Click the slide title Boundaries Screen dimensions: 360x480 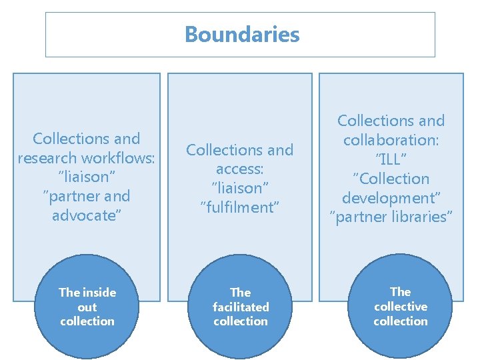[241, 34]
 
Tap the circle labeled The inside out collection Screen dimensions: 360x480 [87, 307]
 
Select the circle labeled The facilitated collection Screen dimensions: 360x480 [241, 307]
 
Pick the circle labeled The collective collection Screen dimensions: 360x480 [400, 306]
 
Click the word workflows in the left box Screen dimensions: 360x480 [121, 158]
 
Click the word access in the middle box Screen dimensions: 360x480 [239, 169]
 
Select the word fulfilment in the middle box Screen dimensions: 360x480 [239, 207]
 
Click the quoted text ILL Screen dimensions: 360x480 [391, 159]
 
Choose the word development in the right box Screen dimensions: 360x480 [391, 198]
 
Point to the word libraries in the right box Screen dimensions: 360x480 [421, 217]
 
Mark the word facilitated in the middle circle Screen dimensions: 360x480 [241, 307]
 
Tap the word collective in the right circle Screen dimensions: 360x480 [400, 306]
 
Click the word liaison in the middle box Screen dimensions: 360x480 [239, 189]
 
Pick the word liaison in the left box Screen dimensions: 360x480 [87, 177]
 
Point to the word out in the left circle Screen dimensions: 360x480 [87, 307]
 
